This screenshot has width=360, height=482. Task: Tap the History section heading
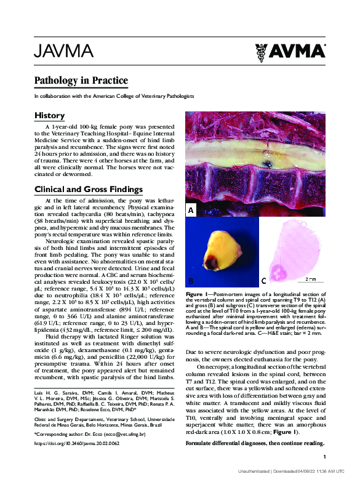pyautogui.click(x=49, y=116)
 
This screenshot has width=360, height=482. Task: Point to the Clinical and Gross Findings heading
pyautogui.click(x=89, y=189)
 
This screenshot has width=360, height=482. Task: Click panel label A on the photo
pyautogui.click(x=191, y=211)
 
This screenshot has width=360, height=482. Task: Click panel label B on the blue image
pyautogui.click(x=191, y=281)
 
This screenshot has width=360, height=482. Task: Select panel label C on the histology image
pyautogui.click(x=263, y=281)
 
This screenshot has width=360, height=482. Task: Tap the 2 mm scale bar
pyautogui.click(x=310, y=279)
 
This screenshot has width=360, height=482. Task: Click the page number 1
pyautogui.click(x=324, y=456)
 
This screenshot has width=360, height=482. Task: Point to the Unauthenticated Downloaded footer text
pyautogui.click(x=288, y=472)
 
